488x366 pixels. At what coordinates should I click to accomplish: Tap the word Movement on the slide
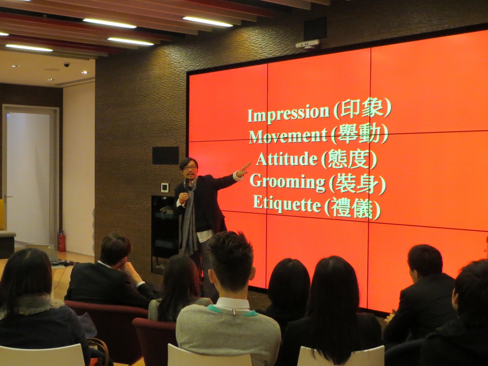pos(288,136)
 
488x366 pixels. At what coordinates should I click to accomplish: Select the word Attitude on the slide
pos(287,159)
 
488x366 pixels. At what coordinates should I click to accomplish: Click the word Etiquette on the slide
pos(287,205)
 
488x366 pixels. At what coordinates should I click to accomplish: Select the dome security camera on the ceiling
pos(67,65)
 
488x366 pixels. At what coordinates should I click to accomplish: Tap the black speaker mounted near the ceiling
pos(315,29)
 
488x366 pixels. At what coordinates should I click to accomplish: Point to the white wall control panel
pos(165,187)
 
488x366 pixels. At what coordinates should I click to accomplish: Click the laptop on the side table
pos(43,254)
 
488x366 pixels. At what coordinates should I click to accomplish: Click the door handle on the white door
pos(8,197)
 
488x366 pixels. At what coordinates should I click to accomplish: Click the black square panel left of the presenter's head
pos(165,156)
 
